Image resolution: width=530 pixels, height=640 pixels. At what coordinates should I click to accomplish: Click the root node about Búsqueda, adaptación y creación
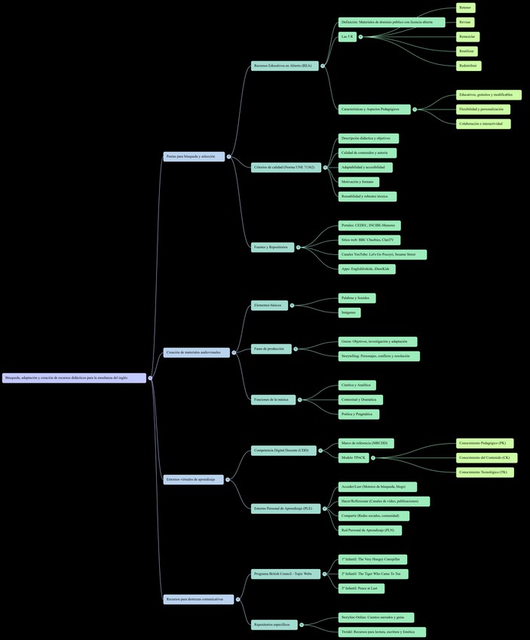coord(74,377)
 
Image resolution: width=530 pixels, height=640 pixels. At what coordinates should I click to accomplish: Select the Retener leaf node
coord(465,8)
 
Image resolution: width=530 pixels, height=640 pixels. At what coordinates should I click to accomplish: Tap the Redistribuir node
coord(468,66)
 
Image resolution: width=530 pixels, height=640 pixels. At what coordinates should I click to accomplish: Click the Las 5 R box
coord(347,36)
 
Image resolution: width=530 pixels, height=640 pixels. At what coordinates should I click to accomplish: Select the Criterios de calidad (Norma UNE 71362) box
coord(284,167)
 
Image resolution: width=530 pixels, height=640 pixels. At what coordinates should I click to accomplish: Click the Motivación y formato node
coord(358,182)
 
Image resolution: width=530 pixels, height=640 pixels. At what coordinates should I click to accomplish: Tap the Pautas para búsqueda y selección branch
coord(194,156)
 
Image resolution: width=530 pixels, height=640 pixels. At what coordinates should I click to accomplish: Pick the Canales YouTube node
coord(382,254)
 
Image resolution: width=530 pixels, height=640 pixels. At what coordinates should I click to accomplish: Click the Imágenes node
coord(349,312)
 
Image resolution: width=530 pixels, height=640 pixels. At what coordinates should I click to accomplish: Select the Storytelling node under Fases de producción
coord(378,356)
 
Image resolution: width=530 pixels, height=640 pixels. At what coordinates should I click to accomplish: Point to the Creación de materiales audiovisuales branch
coord(196,352)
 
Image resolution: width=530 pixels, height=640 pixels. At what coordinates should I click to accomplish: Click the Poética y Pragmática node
coord(358,414)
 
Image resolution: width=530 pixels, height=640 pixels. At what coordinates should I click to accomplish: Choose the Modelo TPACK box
coord(354,457)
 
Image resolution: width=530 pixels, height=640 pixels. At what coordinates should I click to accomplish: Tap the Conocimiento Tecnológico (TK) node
coord(485,472)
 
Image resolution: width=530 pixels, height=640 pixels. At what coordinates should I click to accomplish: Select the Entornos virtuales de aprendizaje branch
coord(193,479)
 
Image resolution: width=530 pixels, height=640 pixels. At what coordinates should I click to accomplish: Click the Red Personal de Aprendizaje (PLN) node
coord(369,531)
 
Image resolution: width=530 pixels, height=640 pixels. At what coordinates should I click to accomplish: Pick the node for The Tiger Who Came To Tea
coord(373,574)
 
